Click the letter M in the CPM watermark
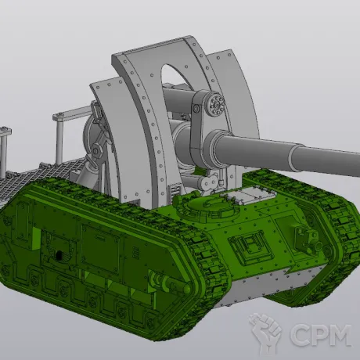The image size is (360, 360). [x=337, y=335]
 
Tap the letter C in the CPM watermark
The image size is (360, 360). [x=300, y=335]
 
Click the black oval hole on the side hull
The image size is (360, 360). [x=59, y=255]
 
